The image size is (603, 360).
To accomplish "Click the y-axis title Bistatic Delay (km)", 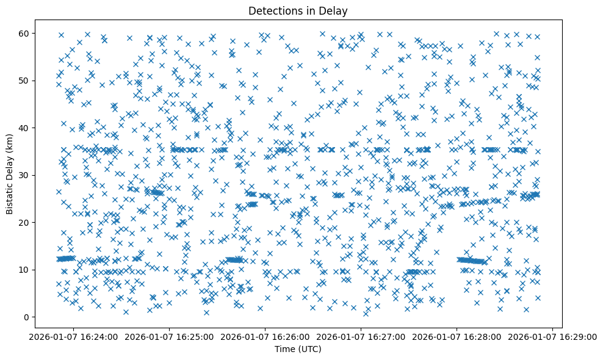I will (10, 174).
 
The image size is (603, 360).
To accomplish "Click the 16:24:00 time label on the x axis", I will (72, 336).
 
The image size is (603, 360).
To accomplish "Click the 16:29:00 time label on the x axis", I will (553, 336).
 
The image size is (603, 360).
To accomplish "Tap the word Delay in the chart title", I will (335, 10).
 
